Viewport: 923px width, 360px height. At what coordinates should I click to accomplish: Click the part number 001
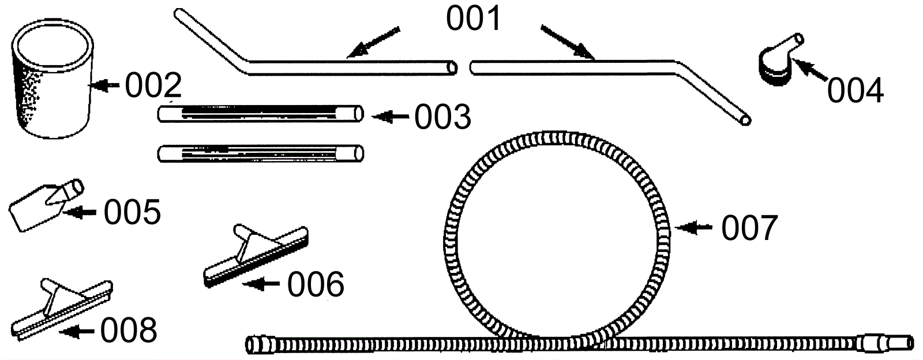(x=474, y=18)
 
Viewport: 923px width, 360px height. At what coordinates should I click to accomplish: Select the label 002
(x=153, y=85)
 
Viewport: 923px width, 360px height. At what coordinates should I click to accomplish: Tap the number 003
(x=443, y=117)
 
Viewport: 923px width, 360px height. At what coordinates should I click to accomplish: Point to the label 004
(x=856, y=91)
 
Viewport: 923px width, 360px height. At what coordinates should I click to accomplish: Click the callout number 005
(x=132, y=212)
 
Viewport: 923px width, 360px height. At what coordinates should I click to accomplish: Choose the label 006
(x=316, y=284)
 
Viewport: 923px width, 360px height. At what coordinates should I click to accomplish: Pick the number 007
(x=749, y=227)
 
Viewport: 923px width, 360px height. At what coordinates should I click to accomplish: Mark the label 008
(x=129, y=330)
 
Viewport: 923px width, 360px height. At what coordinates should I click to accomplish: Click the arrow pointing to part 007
(x=693, y=228)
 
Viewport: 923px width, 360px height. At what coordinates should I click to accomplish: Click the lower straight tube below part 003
(x=260, y=153)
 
